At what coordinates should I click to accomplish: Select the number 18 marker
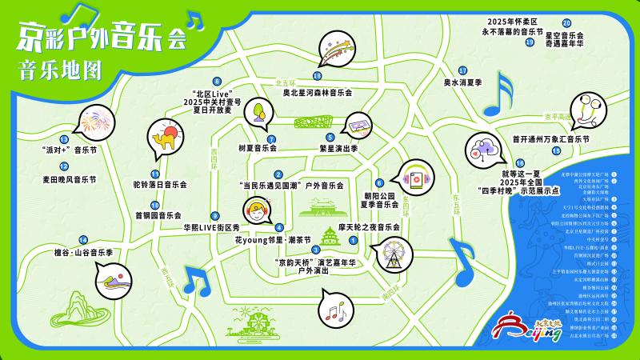318,76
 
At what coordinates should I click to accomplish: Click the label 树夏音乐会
258,148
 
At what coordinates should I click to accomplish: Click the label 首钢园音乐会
158,215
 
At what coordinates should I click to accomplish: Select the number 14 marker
82,240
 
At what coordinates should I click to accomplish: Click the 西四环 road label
214,156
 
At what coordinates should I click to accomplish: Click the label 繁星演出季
338,148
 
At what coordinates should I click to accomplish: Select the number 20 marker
566,23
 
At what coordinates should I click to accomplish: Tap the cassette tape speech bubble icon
358,125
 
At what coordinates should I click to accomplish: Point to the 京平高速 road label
557,117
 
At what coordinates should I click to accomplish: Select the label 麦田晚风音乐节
69,180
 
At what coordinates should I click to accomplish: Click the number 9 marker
214,216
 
